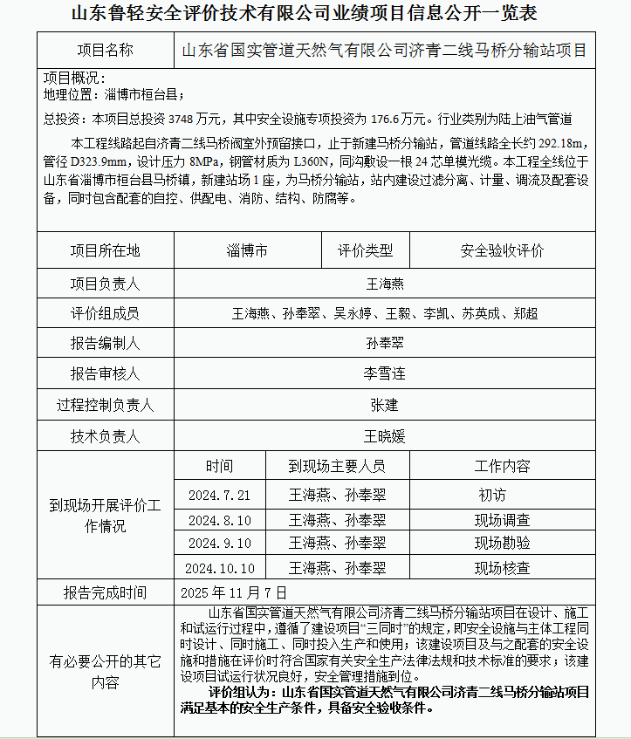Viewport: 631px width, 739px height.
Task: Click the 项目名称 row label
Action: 105,50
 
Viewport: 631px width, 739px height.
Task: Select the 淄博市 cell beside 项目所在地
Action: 247,250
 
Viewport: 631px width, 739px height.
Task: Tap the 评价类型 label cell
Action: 366,250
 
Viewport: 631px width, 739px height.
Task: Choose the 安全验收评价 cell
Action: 502,250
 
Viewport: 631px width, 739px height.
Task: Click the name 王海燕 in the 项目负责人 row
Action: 384,284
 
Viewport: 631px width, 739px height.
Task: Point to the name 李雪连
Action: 384,374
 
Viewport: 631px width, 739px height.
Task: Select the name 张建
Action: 384,405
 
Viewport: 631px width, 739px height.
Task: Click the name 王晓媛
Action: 384,435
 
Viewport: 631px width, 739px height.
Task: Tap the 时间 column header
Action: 220,466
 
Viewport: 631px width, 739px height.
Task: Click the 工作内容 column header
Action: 502,466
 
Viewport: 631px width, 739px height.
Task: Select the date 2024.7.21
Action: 220,495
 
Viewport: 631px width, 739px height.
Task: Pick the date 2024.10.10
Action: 220,568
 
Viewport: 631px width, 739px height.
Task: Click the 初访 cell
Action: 492,495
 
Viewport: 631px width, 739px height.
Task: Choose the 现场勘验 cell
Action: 502,543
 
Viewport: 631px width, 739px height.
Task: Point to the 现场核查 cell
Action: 502,568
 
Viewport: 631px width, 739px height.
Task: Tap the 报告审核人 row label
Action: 105,374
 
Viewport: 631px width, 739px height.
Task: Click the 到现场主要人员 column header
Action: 337,466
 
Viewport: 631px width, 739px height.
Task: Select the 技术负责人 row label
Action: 105,435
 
